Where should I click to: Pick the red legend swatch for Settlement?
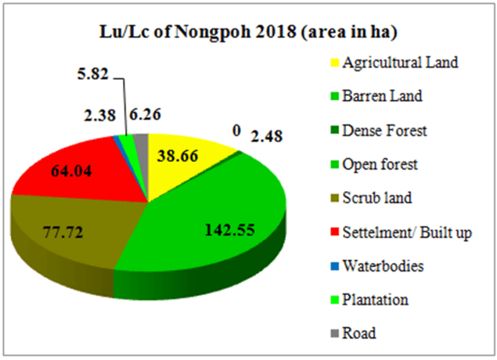click(335, 232)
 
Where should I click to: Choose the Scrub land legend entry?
click(378, 198)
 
